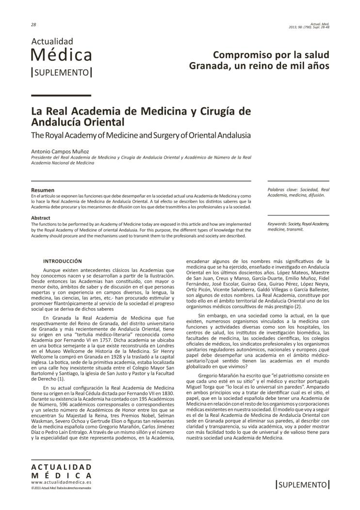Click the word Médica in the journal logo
pyautogui.click(x=61, y=55)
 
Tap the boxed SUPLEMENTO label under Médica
pyautogui.click(x=61, y=72)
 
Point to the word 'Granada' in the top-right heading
pyautogui.click(x=210, y=65)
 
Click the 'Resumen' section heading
pyautogui.click(x=43, y=189)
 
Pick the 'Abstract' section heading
pyautogui.click(x=41, y=218)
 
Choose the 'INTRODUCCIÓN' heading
pyautogui.click(x=63, y=261)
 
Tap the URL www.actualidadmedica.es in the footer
pyautogui.click(x=61, y=483)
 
